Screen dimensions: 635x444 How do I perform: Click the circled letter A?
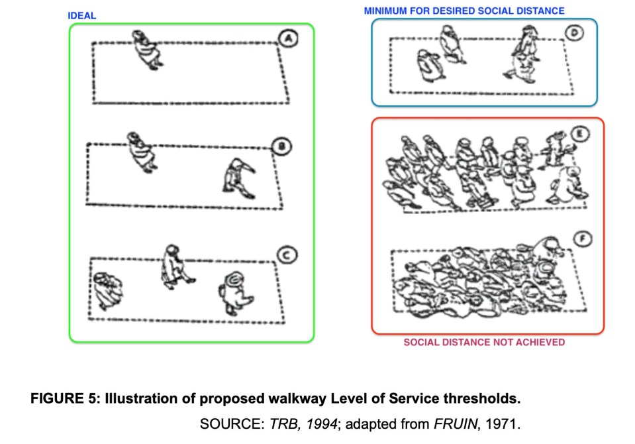(288, 38)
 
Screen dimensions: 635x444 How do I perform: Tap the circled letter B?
(282, 146)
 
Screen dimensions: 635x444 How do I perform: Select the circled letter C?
(287, 255)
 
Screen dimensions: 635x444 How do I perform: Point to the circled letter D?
(574, 32)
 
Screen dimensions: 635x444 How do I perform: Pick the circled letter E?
(579, 134)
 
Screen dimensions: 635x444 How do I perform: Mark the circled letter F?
(583, 239)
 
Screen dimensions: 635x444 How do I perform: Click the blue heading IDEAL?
(82, 15)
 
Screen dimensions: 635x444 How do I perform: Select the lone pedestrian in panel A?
(147, 50)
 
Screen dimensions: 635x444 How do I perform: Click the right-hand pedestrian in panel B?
(239, 178)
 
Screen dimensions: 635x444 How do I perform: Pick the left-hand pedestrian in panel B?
(142, 152)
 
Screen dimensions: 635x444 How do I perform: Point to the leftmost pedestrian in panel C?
(108, 290)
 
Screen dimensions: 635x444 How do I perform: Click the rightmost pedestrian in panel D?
(523, 54)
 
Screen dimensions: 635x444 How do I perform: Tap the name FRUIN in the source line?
(455, 423)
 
